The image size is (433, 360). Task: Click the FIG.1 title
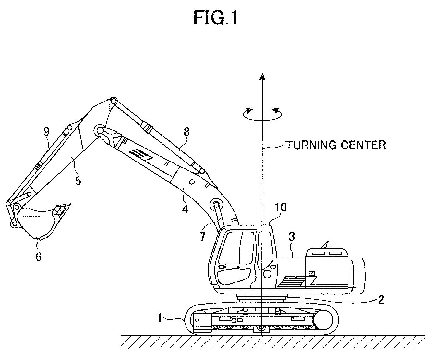click(x=215, y=18)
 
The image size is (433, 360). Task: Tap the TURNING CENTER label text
click(x=336, y=145)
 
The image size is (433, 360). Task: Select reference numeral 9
click(x=47, y=131)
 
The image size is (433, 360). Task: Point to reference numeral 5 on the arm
click(x=78, y=181)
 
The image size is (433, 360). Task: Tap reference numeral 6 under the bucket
click(x=39, y=257)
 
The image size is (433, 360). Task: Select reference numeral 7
click(x=202, y=237)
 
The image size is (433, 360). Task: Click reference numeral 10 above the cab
click(x=281, y=207)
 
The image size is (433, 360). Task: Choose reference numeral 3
click(x=292, y=237)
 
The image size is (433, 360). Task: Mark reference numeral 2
click(x=381, y=300)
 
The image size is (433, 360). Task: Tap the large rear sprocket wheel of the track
click(x=323, y=320)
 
